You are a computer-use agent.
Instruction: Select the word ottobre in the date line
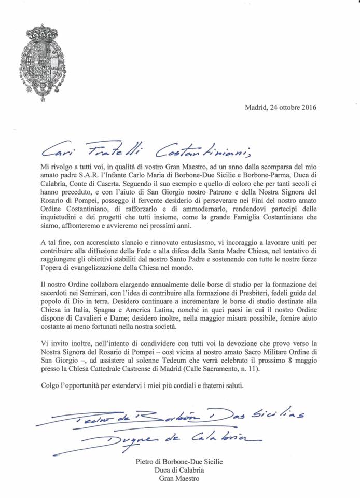[x=283, y=108]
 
